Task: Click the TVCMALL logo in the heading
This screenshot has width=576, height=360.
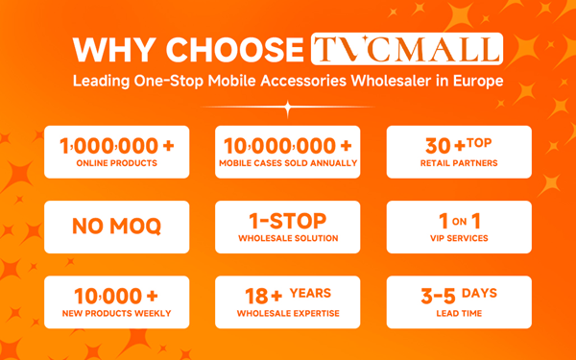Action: (407, 49)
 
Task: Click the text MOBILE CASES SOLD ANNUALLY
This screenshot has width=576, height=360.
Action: (288, 164)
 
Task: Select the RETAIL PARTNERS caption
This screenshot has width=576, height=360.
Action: (458, 164)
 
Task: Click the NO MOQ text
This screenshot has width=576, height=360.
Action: (117, 228)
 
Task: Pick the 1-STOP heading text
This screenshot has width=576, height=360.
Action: (288, 221)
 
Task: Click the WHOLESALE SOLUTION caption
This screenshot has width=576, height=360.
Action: (288, 239)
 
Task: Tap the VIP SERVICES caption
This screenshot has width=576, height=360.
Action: (458, 239)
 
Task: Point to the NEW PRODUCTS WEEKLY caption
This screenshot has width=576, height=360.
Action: (117, 314)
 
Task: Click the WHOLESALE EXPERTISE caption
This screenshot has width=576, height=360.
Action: (288, 314)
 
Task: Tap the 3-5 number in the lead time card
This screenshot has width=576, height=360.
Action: (438, 296)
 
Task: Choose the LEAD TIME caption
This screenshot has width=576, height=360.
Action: (458, 314)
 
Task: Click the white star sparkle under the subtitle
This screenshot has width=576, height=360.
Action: (287, 108)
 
